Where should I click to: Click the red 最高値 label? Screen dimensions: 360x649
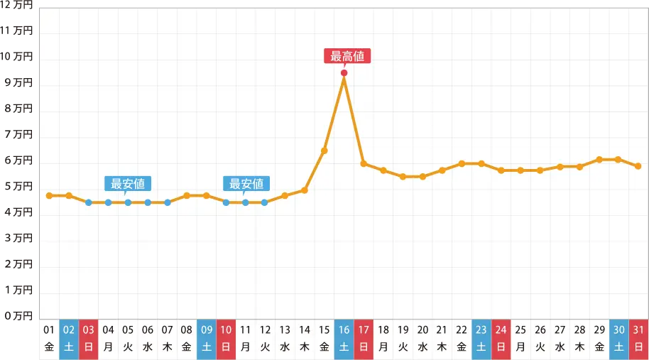[348, 56]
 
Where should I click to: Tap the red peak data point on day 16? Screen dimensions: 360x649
[344, 72]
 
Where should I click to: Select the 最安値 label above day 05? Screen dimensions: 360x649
[128, 183]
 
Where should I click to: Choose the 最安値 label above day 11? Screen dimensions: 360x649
[246, 183]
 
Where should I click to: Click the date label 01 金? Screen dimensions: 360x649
[49, 338]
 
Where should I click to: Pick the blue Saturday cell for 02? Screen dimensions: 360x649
[69, 338]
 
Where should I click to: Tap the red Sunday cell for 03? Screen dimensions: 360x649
[89, 338]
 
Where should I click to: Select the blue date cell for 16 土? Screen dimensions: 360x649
[344, 338]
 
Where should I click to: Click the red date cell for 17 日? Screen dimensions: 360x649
[364, 338]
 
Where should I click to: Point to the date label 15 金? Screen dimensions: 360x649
[324, 338]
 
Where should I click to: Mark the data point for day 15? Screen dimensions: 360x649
[324, 151]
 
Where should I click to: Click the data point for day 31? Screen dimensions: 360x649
[638, 166]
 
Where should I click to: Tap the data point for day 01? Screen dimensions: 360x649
[49, 195]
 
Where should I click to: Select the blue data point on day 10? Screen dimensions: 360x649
[226, 202]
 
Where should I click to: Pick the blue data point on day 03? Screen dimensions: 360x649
[89, 202]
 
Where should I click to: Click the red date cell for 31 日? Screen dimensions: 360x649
[638, 338]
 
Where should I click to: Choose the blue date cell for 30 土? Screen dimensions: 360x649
[618, 338]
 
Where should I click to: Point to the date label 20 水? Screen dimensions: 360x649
[422, 338]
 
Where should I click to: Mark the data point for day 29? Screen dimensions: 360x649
[599, 159]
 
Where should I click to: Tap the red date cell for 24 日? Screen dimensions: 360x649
[501, 338]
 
